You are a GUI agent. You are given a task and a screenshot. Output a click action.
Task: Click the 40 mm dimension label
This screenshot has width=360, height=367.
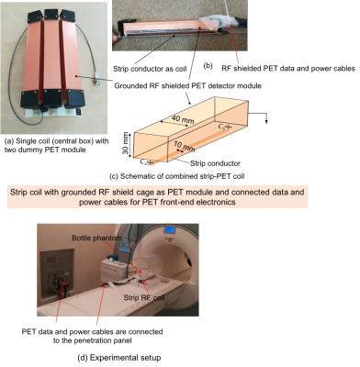tap(183, 118)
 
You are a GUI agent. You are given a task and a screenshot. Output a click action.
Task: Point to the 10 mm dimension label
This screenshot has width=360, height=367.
tap(185, 147)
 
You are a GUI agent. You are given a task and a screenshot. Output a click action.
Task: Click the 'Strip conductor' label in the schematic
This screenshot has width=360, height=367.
tap(215, 163)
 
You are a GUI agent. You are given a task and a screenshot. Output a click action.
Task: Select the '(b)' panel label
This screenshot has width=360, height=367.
tap(208, 65)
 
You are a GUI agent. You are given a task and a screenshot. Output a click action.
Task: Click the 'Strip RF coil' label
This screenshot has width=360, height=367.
tap(144, 297)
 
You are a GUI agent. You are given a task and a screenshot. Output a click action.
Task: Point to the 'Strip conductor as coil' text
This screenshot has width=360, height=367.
tap(150, 69)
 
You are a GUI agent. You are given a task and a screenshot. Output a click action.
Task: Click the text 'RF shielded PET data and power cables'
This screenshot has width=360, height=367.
tap(288, 68)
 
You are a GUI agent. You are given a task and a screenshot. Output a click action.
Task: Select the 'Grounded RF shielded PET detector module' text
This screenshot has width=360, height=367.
tap(188, 85)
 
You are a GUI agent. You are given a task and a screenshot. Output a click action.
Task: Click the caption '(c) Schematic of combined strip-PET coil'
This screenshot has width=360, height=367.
tap(176, 176)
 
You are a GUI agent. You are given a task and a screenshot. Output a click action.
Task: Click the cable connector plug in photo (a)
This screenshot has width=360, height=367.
tap(97, 83)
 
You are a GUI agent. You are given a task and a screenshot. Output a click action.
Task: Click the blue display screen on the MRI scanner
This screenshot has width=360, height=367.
tap(169, 229)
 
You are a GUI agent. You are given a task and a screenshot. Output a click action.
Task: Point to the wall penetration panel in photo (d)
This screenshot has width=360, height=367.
tap(57, 275)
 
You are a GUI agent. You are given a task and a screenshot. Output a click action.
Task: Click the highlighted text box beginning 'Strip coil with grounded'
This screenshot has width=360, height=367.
tap(157, 197)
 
